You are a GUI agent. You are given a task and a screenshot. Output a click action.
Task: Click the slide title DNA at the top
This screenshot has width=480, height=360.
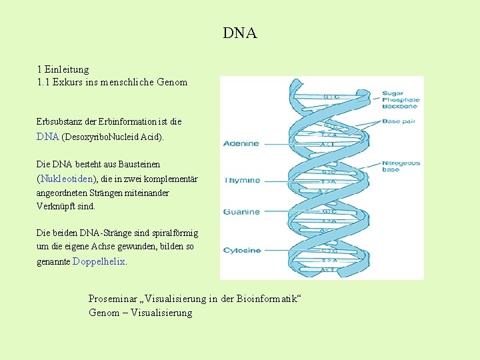240,33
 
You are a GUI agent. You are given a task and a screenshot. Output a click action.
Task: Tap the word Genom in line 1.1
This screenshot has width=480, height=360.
172,82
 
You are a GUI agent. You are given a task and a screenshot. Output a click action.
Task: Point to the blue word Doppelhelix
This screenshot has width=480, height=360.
99,261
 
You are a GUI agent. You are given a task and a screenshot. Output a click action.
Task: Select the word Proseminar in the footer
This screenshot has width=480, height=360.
112,299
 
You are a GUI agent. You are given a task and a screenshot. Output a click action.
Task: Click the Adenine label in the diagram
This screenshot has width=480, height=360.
241,143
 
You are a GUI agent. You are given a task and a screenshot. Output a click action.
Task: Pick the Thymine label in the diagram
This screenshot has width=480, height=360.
242,180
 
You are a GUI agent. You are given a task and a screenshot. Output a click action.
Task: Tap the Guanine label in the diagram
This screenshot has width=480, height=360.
241,212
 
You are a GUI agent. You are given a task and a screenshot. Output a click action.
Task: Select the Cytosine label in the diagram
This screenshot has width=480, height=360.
242,250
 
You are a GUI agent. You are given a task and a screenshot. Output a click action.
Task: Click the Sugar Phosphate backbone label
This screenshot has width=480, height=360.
401,99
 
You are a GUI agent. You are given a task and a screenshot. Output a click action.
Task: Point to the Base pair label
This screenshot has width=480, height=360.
399,121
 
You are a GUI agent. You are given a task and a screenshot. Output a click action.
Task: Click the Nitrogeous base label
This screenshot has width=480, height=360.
401,166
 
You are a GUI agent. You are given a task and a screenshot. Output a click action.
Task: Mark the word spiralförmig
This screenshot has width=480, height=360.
173,233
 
